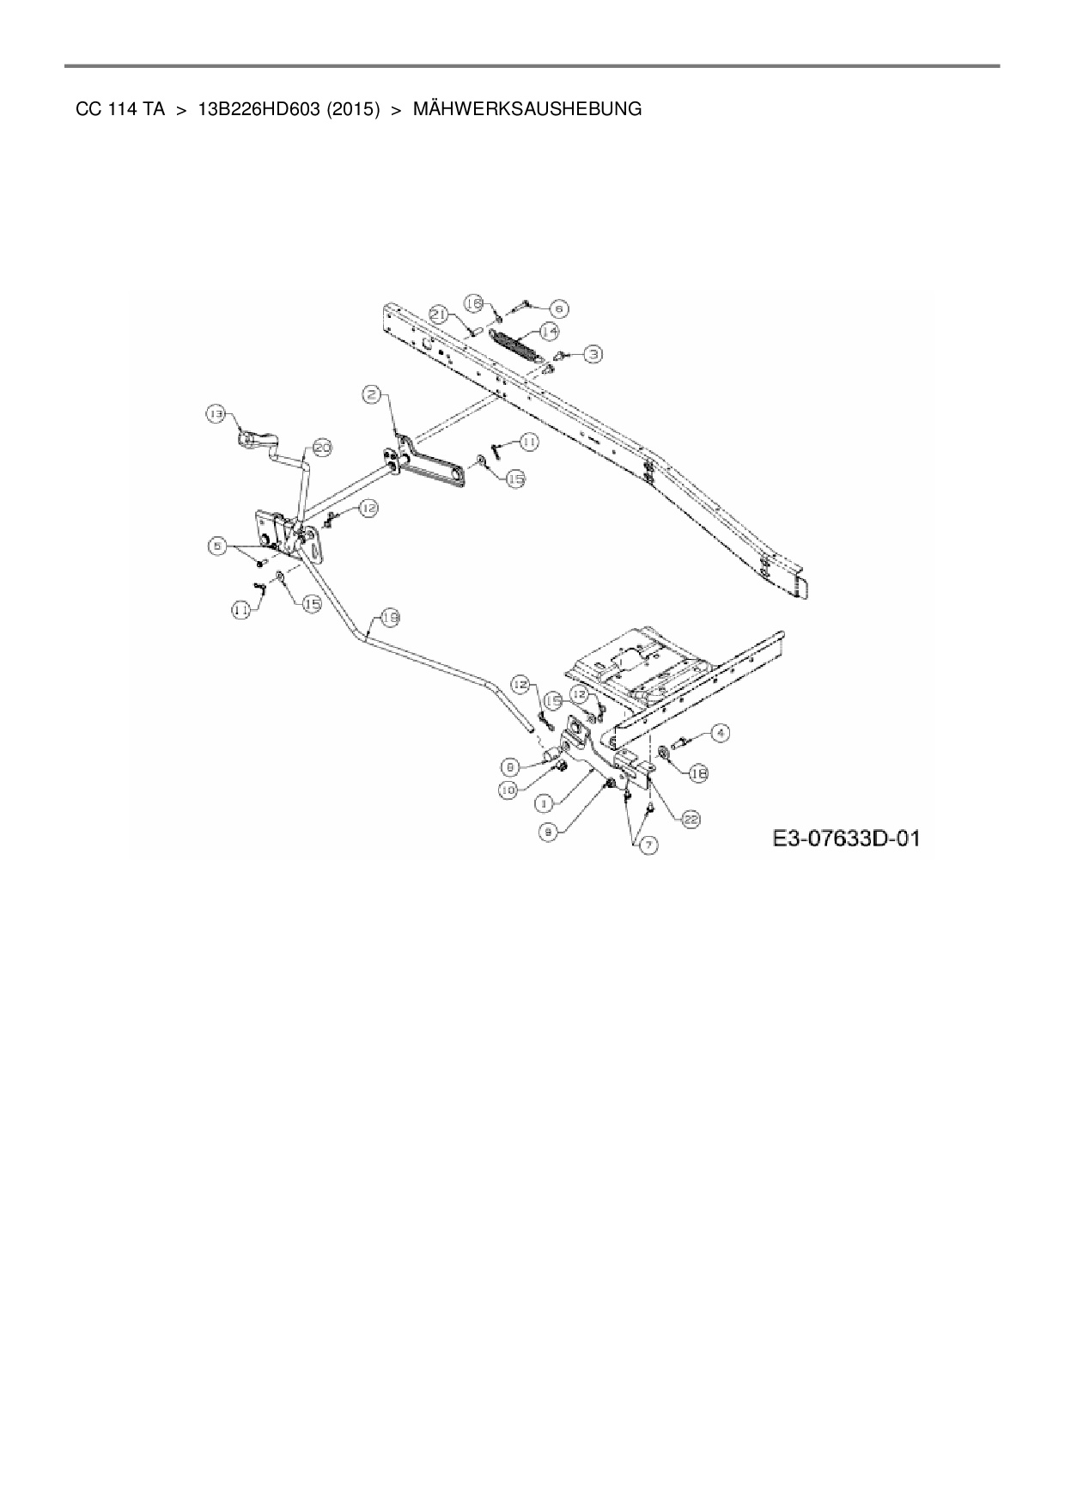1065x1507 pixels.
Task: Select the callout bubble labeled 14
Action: [x=550, y=331]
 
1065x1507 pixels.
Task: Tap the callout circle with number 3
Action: [x=593, y=352]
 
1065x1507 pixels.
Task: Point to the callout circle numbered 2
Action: [x=371, y=394]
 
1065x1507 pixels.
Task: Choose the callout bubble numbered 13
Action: [x=215, y=414]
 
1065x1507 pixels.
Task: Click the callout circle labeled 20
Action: [x=321, y=448]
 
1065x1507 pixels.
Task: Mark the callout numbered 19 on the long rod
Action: [x=389, y=617]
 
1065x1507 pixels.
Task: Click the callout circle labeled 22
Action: [x=691, y=820]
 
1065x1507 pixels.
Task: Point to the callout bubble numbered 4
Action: [x=720, y=733]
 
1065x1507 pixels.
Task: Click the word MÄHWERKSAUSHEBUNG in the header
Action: [x=527, y=110]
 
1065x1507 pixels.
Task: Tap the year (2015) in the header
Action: [x=353, y=110]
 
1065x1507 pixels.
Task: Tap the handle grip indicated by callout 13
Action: [x=250, y=441]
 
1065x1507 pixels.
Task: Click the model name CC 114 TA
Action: [x=120, y=110]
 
